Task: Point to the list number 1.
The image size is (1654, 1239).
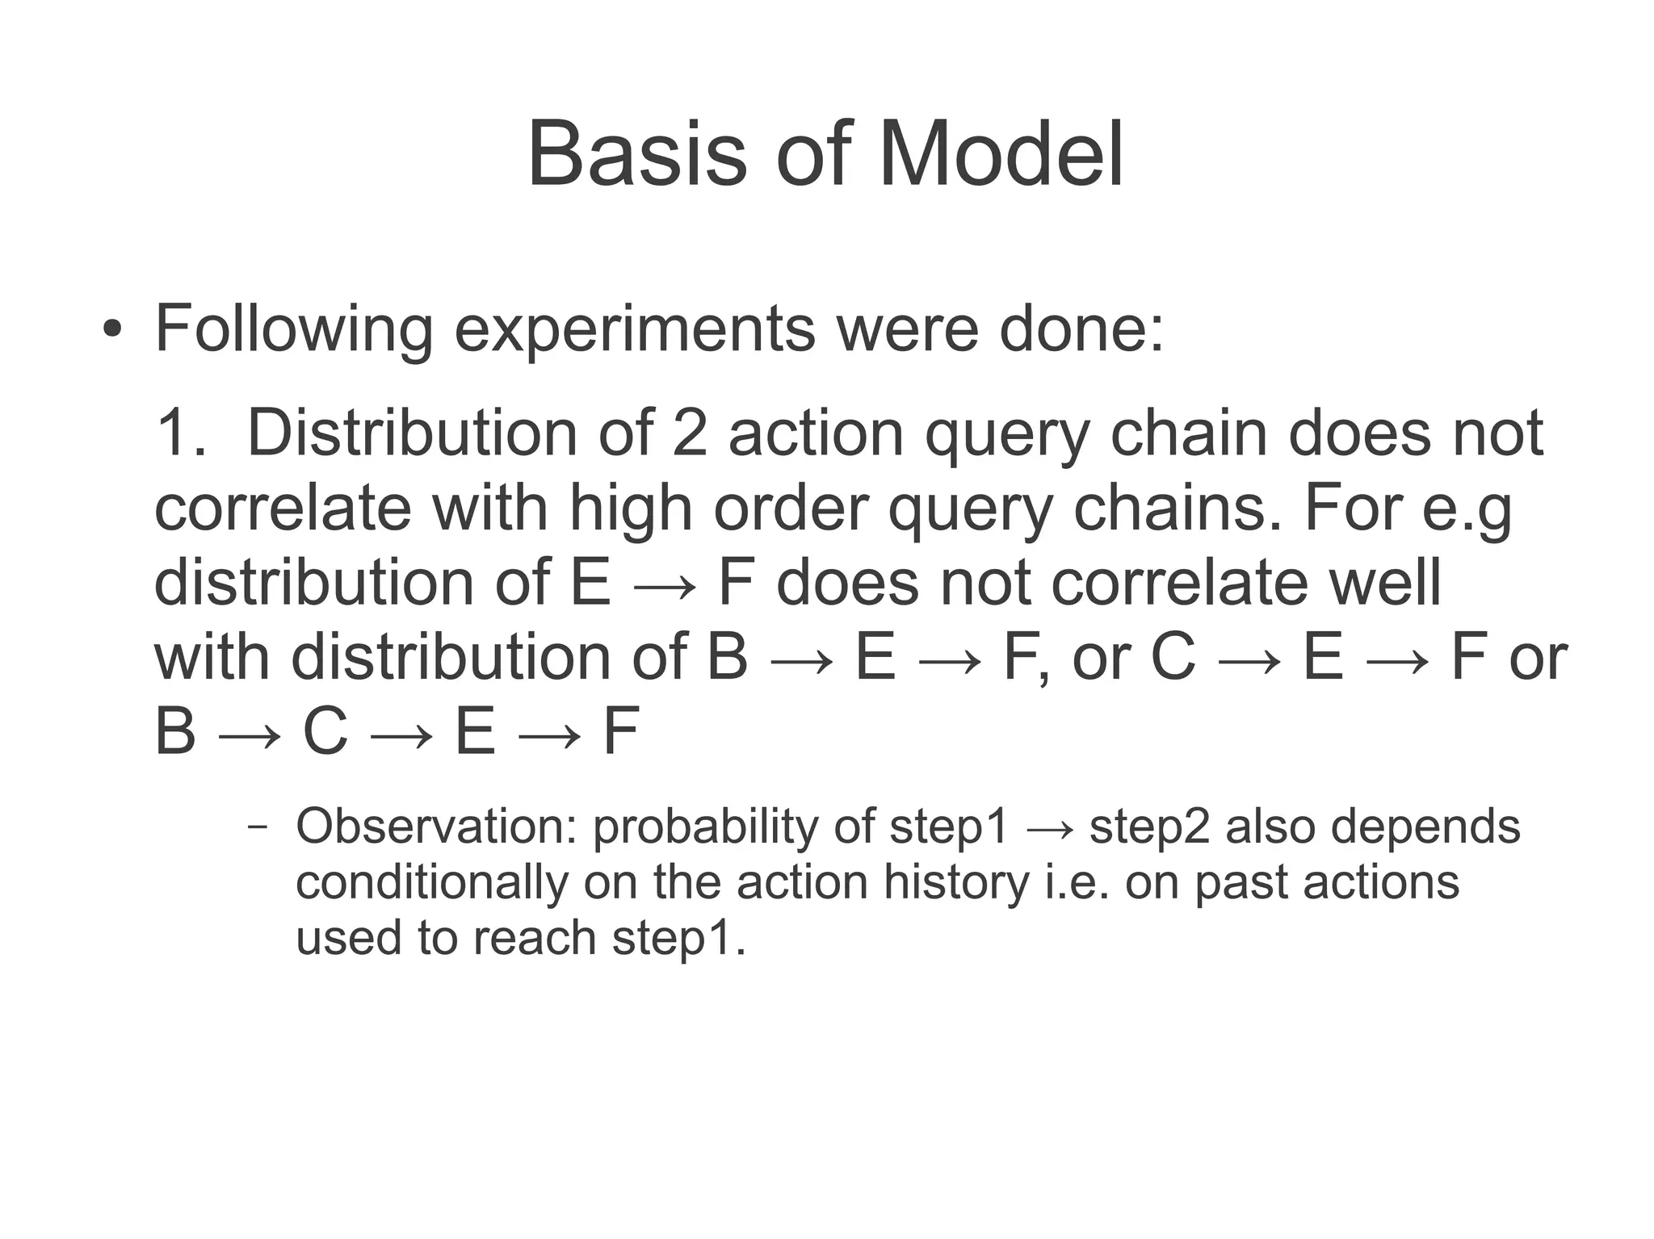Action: (179, 433)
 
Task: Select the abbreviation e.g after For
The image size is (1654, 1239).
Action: (1467, 509)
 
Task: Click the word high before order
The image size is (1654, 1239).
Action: (630, 509)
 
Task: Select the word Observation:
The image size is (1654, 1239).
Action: (436, 827)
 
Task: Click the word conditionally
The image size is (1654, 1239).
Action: (432, 882)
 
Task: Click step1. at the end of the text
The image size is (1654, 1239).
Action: (678, 938)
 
